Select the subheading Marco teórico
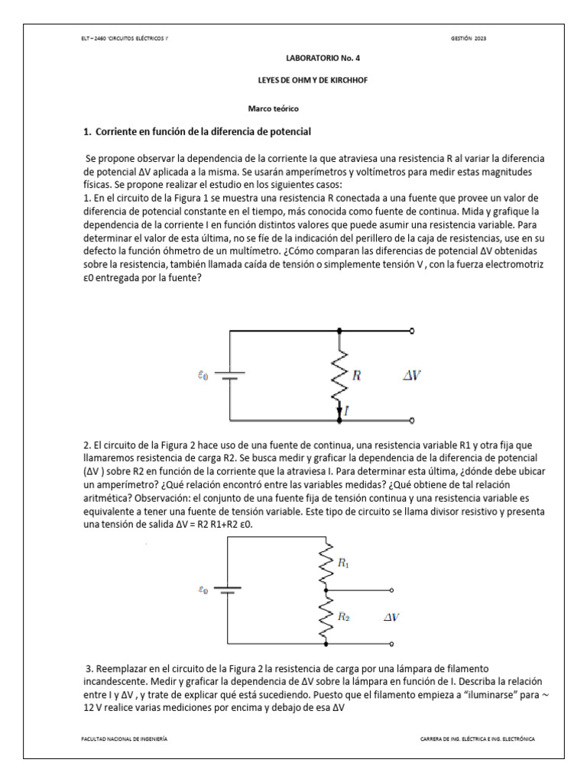click(273, 109)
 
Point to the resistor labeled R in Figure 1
click(340, 375)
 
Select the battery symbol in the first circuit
click(229, 375)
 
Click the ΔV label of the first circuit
click(413, 375)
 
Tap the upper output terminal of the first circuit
click(413, 331)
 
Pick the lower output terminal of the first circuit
click(413, 421)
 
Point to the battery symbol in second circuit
click(227, 590)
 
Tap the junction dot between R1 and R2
click(326, 590)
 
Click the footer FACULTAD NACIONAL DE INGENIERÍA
click(125, 739)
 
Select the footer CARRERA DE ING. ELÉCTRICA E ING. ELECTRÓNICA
click(478, 739)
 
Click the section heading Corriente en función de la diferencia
click(196, 132)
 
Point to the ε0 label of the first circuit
click(202, 375)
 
